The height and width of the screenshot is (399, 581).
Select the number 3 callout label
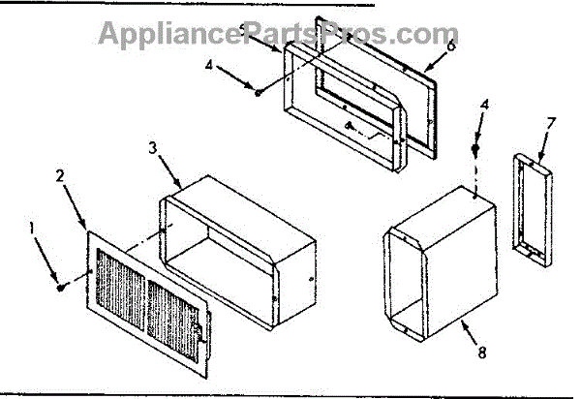click(154, 147)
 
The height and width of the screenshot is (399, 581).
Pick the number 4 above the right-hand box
click(485, 105)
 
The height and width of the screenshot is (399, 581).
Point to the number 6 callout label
click(451, 45)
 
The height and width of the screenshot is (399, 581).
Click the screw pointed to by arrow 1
click(61, 286)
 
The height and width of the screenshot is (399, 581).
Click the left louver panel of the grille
click(121, 290)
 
